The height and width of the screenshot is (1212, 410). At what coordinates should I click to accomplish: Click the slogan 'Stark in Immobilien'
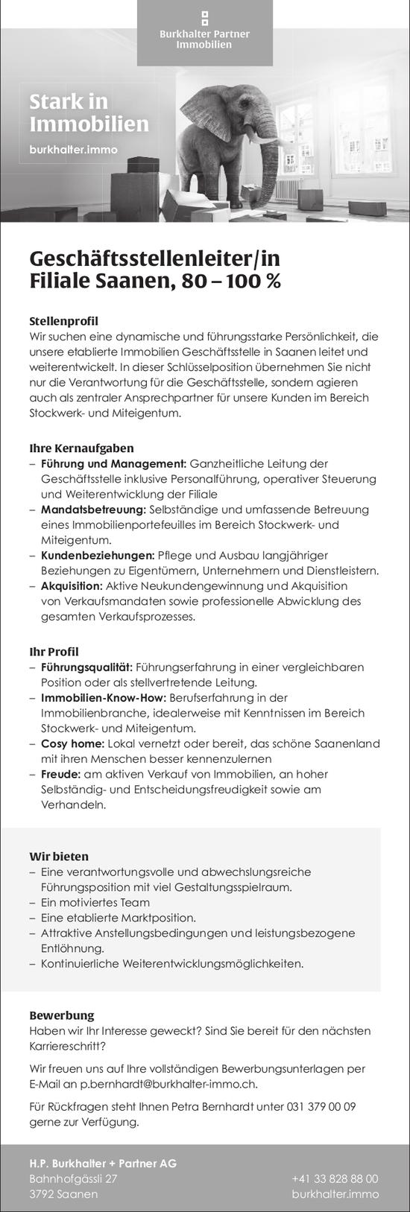tap(89, 112)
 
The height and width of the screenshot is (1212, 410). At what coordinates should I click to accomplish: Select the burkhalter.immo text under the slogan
tap(73, 149)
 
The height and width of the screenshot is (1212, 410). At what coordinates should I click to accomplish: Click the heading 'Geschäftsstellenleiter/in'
tap(154, 259)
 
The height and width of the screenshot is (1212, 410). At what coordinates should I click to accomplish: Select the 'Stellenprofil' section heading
tap(63, 321)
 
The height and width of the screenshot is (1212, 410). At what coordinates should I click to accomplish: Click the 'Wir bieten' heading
tap(59, 856)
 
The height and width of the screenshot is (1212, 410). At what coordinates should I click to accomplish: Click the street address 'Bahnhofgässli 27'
tap(73, 1178)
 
